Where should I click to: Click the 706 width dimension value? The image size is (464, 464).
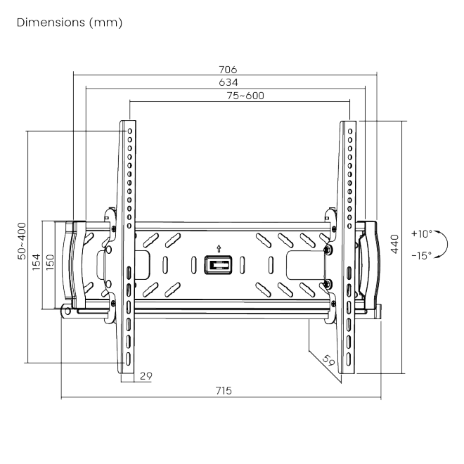(228, 70)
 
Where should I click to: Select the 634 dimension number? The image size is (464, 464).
(228, 82)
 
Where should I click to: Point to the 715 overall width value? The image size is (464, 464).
(224, 391)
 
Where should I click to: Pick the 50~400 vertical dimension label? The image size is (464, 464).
(22, 242)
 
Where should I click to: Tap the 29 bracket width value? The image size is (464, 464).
(146, 376)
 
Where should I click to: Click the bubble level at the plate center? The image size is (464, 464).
(218, 266)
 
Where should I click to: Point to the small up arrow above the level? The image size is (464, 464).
(219, 247)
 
